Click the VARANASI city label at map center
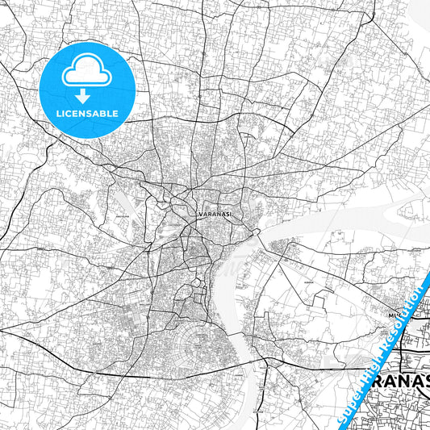click(x=214, y=214)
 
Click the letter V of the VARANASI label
click(x=199, y=214)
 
